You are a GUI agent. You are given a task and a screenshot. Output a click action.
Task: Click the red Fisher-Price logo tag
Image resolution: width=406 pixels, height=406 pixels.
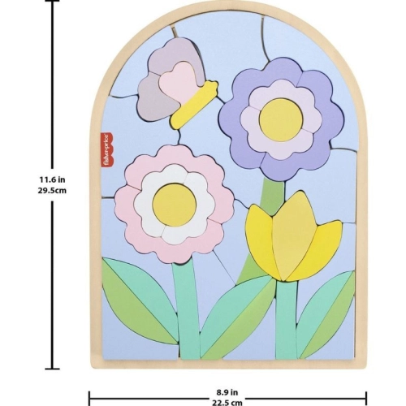106,153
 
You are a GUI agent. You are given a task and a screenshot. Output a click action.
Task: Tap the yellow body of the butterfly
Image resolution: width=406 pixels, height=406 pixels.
194,105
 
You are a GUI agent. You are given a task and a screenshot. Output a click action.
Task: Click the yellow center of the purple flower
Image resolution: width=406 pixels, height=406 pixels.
281,119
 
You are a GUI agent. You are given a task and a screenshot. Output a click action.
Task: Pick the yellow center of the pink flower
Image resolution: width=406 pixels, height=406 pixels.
175,205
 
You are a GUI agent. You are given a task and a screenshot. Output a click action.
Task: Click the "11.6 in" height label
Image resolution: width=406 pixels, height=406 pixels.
53,179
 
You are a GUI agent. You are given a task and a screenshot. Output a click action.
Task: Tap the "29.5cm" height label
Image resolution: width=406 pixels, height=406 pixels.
52,190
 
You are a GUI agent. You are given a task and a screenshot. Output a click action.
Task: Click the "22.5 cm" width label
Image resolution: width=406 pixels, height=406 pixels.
227,402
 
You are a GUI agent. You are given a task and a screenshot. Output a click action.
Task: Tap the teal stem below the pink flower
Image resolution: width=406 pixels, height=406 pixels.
187,311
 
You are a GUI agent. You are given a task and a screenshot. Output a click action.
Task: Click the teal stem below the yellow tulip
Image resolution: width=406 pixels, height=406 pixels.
287,319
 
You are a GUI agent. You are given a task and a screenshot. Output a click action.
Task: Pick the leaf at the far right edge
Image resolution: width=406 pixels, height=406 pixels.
326,314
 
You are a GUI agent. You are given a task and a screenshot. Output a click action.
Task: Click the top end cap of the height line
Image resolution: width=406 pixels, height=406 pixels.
52,1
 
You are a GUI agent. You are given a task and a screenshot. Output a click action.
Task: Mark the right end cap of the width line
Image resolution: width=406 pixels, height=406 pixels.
366,399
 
